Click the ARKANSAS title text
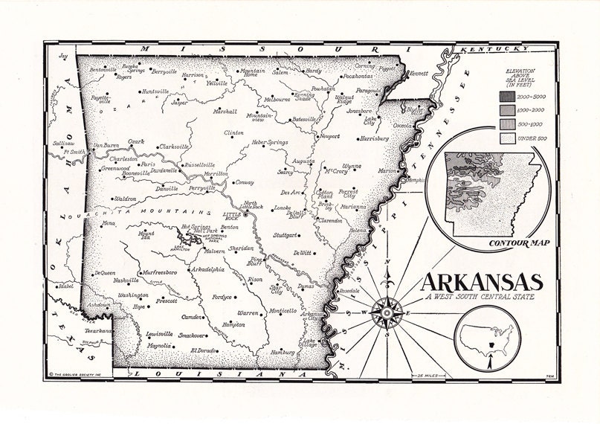pos(481,283)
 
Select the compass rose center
pos(387,312)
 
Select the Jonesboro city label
pos(358,111)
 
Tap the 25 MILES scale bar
pos(428,374)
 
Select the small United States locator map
pos(487,338)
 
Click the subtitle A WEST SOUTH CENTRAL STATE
pos(481,298)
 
